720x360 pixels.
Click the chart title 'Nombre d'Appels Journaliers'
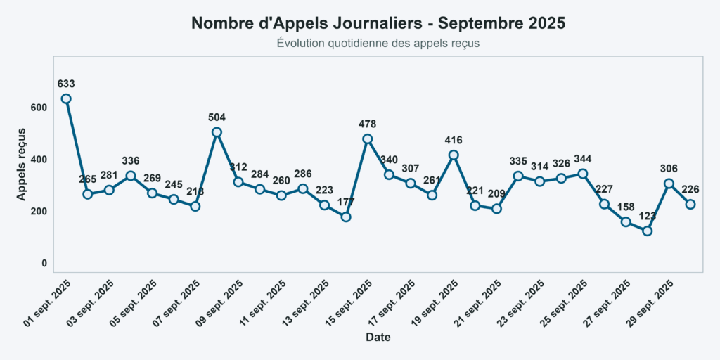pyautogui.click(x=378, y=23)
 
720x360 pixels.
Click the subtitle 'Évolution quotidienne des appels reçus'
pyautogui.click(x=378, y=44)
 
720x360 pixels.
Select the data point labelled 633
pyautogui.click(x=66, y=98)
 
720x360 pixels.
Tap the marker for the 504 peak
pyautogui.click(x=217, y=132)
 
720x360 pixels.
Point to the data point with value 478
pyautogui.click(x=367, y=139)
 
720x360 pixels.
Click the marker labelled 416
pyautogui.click(x=454, y=155)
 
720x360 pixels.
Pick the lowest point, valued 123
pyautogui.click(x=648, y=231)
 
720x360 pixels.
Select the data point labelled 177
pyautogui.click(x=346, y=217)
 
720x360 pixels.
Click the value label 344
pyautogui.click(x=583, y=158)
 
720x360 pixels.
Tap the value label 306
pyautogui.click(x=669, y=168)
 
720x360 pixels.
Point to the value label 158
pyautogui.click(x=626, y=207)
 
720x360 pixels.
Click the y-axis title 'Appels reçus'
pyautogui.click(x=22, y=163)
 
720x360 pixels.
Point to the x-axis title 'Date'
pyautogui.click(x=378, y=337)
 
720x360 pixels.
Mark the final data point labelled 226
pyautogui.click(x=690, y=204)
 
